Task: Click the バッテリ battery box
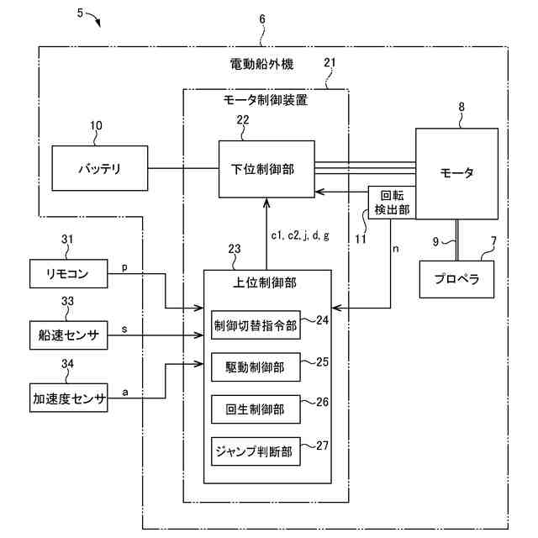point(100,168)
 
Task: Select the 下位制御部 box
point(266,169)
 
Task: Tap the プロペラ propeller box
point(456,279)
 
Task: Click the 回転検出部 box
point(392,203)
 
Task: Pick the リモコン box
point(69,273)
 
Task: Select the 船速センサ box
point(69,335)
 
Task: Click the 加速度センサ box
point(69,398)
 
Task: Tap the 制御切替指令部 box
point(256,325)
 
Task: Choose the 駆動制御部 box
point(256,367)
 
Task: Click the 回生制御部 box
point(256,409)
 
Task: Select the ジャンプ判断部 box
point(256,451)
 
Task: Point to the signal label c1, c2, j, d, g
point(300,235)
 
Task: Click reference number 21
point(330,62)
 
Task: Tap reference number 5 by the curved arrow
point(80,13)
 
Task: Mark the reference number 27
point(322,446)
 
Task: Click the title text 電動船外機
point(261,64)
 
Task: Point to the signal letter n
point(396,249)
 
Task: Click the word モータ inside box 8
point(456,172)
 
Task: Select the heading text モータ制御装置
point(266,100)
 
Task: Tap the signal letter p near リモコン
point(124,267)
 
